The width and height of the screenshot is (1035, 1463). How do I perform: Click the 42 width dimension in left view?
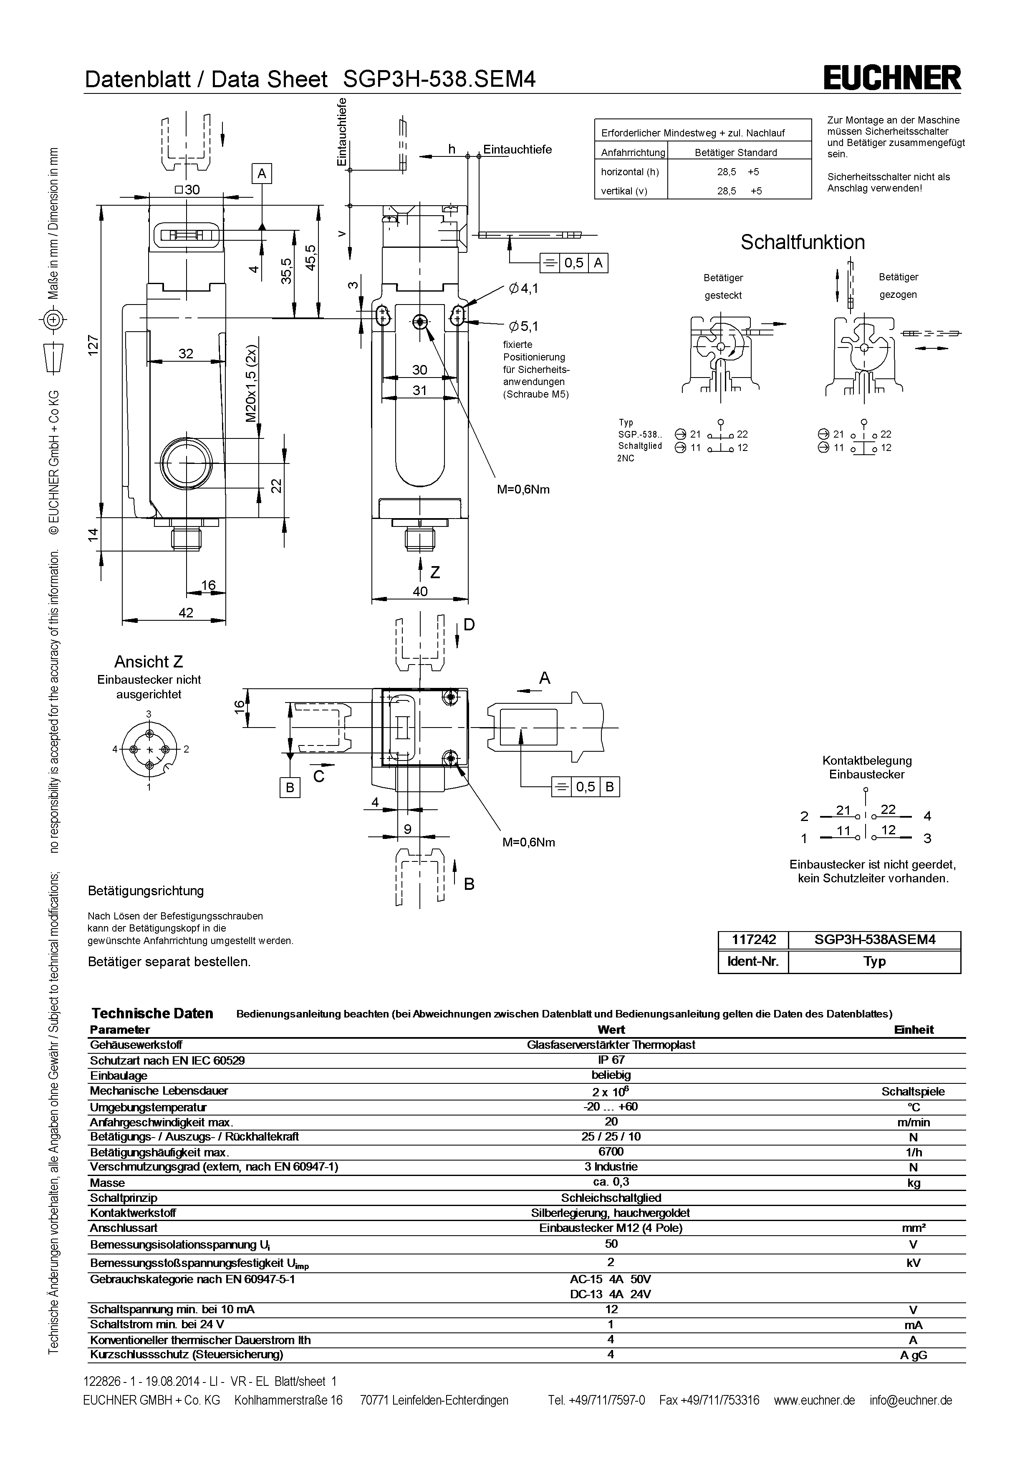pos(186,612)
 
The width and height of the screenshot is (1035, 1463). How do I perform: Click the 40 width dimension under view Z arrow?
pos(420,591)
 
